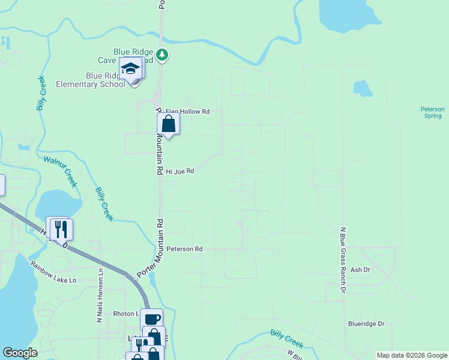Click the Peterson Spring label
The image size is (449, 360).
(432, 112)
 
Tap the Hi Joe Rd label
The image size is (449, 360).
(180, 171)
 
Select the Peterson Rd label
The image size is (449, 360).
(185, 248)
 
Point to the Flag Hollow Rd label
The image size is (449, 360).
(187, 112)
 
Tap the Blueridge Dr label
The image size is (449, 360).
(366, 323)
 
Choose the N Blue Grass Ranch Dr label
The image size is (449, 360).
(343, 260)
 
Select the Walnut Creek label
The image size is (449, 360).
(61, 170)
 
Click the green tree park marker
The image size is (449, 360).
(162, 56)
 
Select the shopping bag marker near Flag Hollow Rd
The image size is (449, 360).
(169, 125)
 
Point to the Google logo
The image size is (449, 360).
(20, 353)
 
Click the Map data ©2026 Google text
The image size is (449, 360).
(411, 355)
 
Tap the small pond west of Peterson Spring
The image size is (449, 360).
(362, 89)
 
